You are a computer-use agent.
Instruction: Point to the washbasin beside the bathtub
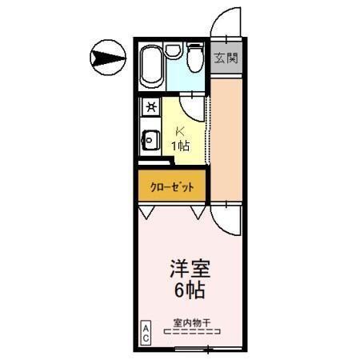point(173,51)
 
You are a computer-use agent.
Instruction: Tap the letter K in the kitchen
point(180,130)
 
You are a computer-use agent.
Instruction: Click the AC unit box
point(146,332)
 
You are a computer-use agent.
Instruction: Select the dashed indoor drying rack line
point(192,331)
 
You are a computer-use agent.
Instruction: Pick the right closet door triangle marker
point(198,213)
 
